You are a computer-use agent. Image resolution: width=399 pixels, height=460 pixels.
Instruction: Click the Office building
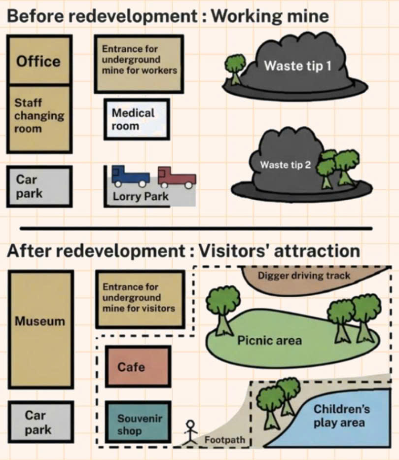(x=39, y=61)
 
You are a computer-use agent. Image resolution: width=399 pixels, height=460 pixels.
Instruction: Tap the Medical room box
(x=136, y=119)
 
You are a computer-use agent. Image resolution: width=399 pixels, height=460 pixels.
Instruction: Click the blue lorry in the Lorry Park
(x=130, y=176)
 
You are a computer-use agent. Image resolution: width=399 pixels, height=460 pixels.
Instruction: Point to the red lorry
(x=177, y=177)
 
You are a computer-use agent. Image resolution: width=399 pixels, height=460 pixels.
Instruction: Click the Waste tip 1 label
(x=297, y=66)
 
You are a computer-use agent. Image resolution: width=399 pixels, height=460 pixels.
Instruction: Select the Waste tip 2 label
(x=286, y=165)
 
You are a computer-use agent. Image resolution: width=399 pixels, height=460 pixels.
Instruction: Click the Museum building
(x=40, y=321)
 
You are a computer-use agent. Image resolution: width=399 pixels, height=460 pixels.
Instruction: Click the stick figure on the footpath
(x=190, y=432)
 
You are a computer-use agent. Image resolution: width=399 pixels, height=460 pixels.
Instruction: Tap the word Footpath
(x=224, y=439)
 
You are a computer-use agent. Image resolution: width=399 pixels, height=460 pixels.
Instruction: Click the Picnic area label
(x=269, y=341)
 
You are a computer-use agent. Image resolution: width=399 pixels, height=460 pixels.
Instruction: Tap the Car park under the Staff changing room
(x=39, y=186)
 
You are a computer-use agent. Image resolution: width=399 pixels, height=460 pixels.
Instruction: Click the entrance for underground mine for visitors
(x=139, y=298)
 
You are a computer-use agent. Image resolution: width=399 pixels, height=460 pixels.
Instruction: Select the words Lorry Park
(x=141, y=196)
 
